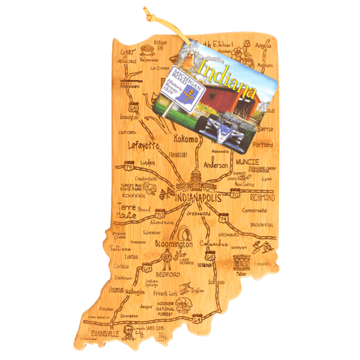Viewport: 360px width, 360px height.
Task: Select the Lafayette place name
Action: point(143,145)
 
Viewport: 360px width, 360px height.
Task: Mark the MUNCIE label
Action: point(247,162)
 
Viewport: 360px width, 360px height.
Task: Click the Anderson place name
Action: point(216,164)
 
